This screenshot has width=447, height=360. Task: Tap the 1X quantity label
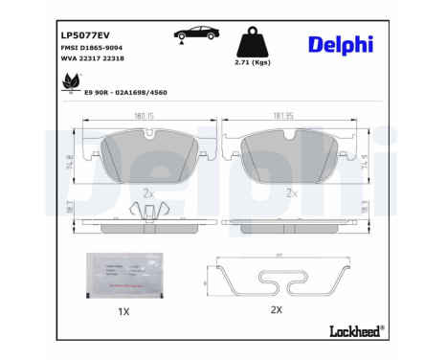tap(123, 312)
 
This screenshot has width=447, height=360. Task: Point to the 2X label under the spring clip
tap(277, 311)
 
